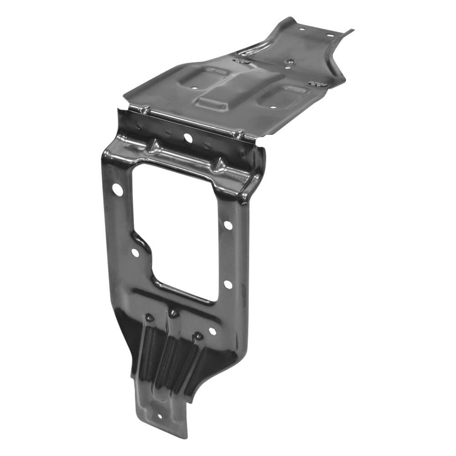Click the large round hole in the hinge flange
187,137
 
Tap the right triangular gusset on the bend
218,164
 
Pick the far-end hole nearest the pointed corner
330,35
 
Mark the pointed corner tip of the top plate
352,31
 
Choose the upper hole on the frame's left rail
117,190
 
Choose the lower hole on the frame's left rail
135,252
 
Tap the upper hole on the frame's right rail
228,225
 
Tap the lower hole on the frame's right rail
228,284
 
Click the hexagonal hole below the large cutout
212,332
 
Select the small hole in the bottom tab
159,416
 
